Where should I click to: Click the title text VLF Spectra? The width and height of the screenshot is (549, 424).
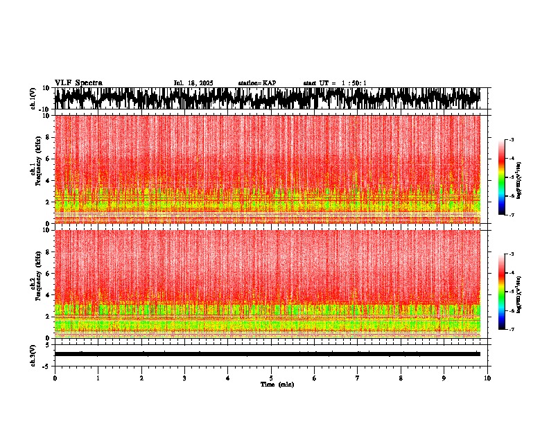pyautogui.click(x=78, y=83)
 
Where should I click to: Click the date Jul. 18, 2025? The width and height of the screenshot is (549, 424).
pyautogui.click(x=193, y=83)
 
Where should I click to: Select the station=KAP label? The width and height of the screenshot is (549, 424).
pyautogui.click(x=257, y=83)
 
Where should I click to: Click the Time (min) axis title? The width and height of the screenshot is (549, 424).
pyautogui.click(x=277, y=385)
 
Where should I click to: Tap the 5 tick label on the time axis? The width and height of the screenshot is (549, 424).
pyautogui.click(x=271, y=378)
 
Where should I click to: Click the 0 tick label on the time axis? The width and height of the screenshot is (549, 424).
pyautogui.click(x=55, y=378)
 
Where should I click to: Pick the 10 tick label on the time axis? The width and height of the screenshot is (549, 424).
pyautogui.click(x=487, y=378)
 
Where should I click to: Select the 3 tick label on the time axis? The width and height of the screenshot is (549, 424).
pyautogui.click(x=184, y=378)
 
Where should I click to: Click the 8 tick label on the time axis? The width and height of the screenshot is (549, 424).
pyautogui.click(x=401, y=378)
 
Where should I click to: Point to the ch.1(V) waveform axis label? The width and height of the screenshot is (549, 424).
pyautogui.click(x=33, y=98)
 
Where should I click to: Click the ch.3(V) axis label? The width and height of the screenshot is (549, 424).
pyautogui.click(x=33, y=354)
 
